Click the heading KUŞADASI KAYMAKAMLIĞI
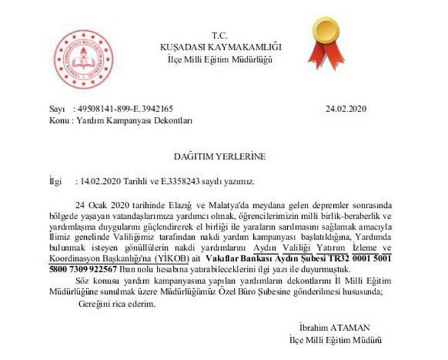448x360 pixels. click(x=220, y=46)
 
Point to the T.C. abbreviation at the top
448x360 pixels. click(x=219, y=35)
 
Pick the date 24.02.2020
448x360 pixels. click(x=346, y=109)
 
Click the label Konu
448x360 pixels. click(x=58, y=120)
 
